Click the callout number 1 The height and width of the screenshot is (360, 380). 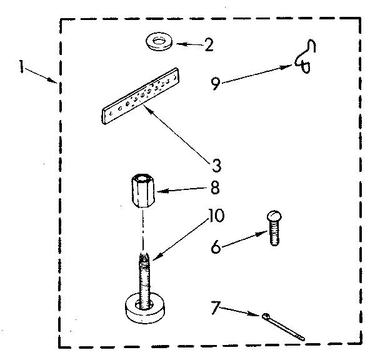coord(23,67)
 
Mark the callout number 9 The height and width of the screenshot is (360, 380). coord(215,83)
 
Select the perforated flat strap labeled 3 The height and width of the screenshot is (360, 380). coord(141,97)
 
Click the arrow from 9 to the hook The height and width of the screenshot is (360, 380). coord(256,72)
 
